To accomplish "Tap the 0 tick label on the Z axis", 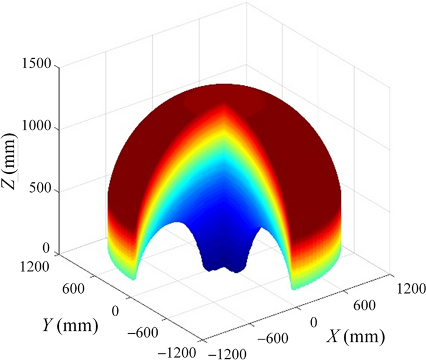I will [x=47, y=249].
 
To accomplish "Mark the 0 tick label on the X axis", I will [x=315, y=320].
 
